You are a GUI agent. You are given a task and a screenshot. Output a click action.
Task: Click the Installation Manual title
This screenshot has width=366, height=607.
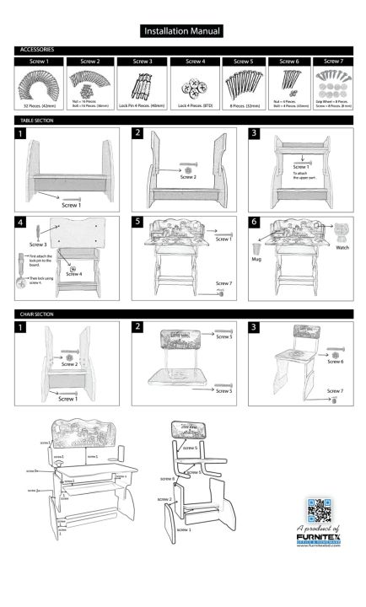[x=182, y=31]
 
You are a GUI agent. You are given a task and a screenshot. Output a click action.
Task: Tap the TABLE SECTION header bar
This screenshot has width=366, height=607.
[x=38, y=121]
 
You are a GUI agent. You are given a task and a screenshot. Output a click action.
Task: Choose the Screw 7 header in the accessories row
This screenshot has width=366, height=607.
[x=333, y=62]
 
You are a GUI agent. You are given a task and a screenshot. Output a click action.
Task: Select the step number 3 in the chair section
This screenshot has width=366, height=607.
[x=254, y=326]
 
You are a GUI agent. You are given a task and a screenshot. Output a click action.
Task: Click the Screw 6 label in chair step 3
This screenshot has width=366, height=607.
[x=335, y=360]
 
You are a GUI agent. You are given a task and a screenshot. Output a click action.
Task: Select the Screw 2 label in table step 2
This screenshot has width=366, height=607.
[x=189, y=178]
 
